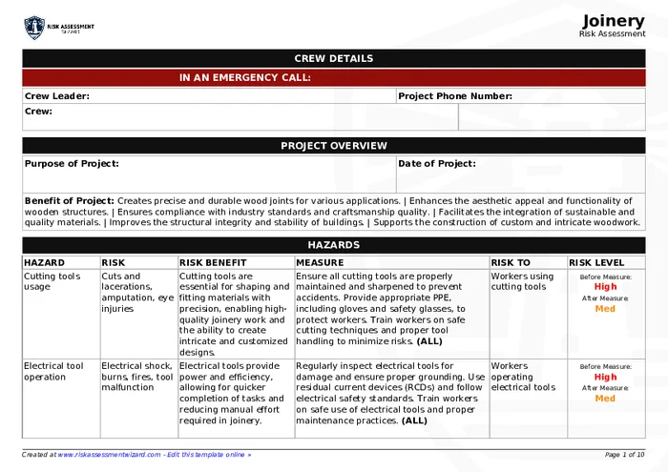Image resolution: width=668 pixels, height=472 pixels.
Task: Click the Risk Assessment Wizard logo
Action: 59,28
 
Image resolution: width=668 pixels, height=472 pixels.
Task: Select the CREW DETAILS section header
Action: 333,58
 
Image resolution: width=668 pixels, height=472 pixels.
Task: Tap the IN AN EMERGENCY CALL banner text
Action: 244,77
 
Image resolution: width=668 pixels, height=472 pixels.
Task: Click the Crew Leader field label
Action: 57,95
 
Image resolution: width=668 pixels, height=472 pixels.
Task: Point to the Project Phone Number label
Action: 455,95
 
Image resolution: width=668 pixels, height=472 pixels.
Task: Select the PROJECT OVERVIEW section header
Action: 333,146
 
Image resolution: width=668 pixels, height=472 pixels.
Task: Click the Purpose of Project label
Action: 72,163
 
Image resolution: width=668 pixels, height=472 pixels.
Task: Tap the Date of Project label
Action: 437,163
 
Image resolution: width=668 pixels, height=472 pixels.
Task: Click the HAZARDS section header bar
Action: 333,245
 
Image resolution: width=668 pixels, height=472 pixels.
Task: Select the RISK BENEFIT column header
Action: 213,262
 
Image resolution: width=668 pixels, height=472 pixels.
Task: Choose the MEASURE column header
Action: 320,262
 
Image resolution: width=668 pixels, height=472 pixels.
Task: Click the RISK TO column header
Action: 511,262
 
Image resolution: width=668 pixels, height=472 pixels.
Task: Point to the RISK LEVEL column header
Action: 596,262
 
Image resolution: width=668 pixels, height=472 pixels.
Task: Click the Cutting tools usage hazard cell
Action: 52,281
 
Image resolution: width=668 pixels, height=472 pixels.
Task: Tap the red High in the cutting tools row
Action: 605,287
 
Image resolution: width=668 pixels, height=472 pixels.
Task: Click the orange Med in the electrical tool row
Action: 605,399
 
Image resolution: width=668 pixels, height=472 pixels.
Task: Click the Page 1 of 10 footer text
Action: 624,455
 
